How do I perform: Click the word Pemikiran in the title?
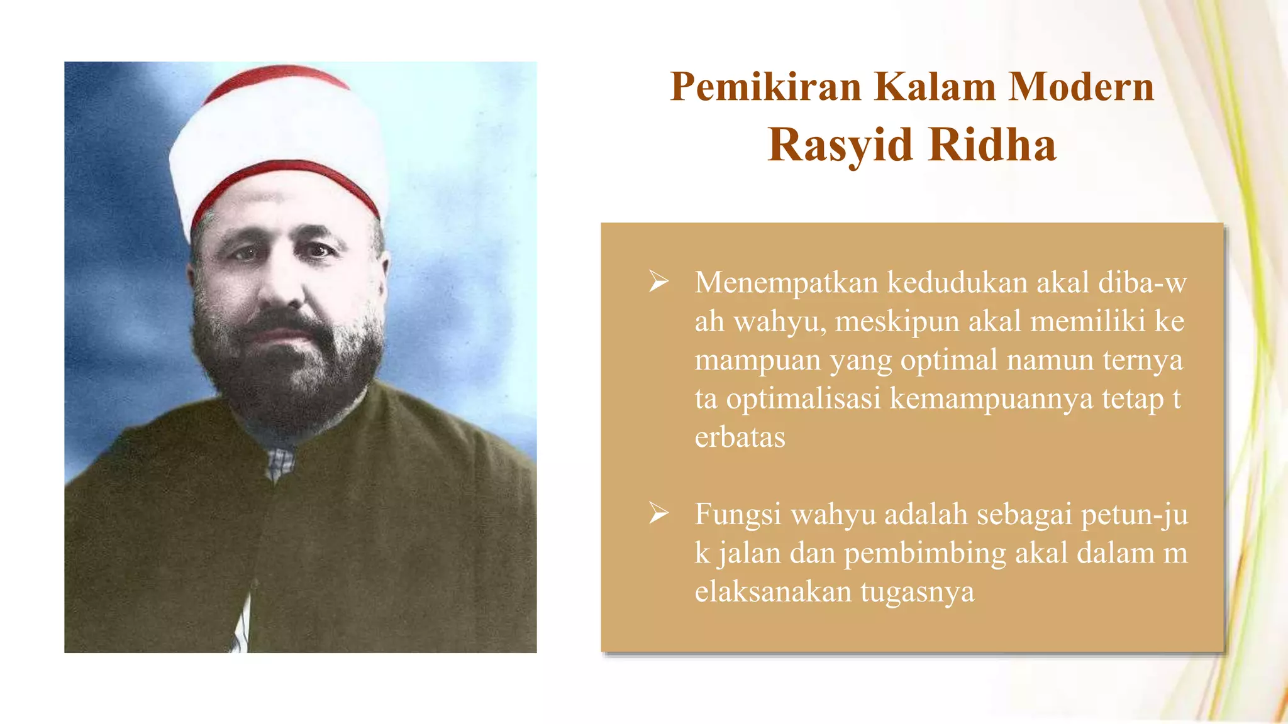click(765, 87)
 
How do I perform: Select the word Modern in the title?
click(1082, 87)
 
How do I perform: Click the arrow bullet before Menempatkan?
click(658, 282)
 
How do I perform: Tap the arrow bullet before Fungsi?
click(658, 514)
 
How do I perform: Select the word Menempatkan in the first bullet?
click(786, 283)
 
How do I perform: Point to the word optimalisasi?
click(803, 399)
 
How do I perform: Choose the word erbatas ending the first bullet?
click(740, 437)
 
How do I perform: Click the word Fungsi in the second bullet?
click(738, 515)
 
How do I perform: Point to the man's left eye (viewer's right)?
click(319, 251)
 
